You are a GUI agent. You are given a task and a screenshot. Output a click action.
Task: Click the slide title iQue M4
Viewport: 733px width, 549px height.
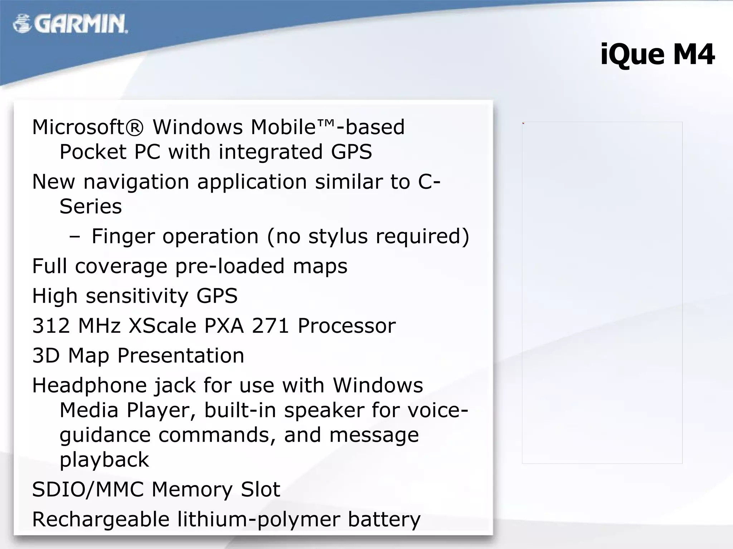tap(657, 55)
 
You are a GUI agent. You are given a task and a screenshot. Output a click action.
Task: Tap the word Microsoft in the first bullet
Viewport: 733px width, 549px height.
tap(88, 127)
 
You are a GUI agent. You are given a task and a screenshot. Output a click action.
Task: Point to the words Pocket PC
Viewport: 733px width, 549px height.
tap(110, 152)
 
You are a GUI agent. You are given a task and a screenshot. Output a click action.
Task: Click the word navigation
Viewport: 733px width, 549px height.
tap(136, 182)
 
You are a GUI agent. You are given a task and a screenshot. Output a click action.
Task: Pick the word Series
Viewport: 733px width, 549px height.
tap(91, 207)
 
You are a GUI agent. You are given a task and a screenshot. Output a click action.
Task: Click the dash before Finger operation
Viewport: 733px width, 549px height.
tap(75, 237)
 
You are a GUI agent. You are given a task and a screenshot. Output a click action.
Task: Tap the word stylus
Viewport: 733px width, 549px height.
tap(338, 237)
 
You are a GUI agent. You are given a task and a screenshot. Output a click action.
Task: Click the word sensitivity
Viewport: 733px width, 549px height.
tap(137, 296)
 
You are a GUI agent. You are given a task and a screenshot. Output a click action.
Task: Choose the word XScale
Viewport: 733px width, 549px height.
tap(162, 326)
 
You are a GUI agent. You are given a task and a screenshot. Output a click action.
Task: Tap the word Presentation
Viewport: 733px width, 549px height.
tap(181, 356)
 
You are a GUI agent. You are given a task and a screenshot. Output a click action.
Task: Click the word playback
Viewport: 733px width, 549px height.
tap(104, 460)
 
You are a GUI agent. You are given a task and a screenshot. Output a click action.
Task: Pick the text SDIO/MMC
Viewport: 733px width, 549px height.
tap(88, 490)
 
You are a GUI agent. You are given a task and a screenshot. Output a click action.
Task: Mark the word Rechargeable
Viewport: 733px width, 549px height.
tap(101, 520)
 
